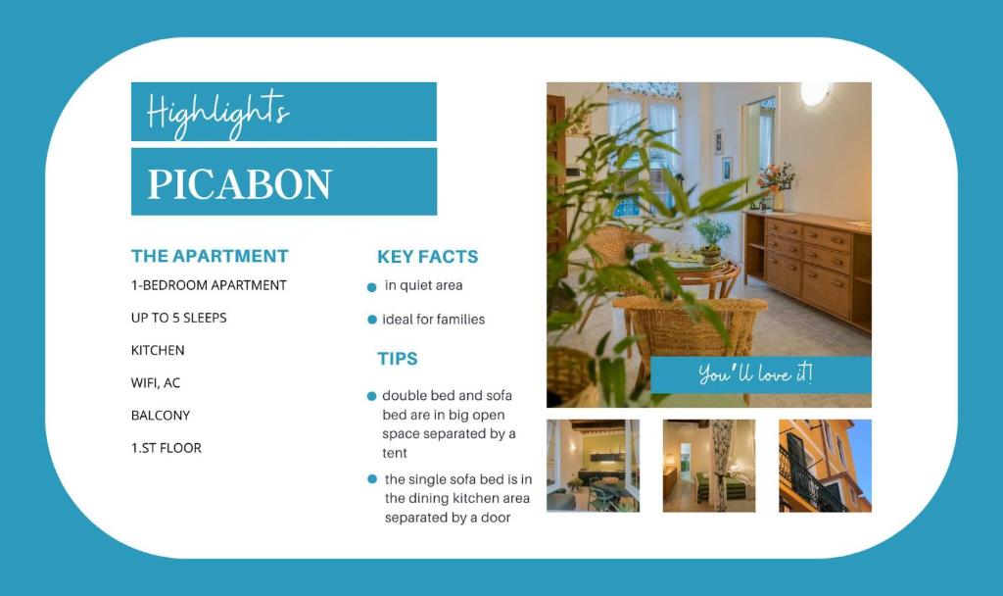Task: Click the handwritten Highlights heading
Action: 217,111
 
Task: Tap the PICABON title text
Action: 240,183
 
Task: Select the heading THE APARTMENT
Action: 210,256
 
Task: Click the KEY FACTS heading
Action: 427,257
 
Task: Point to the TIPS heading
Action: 398,359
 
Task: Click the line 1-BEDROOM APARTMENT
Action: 209,285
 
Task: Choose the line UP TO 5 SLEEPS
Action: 179,318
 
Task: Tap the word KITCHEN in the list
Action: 158,350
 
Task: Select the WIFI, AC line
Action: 156,382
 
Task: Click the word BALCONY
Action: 161,415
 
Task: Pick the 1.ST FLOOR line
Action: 167,448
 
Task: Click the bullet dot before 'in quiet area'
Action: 372,287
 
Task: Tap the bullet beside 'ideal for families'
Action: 372,320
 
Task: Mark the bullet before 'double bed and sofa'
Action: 372,396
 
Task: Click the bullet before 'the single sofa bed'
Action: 372,479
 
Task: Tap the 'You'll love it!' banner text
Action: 755,373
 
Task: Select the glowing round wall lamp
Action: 814,93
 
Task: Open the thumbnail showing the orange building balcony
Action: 825,466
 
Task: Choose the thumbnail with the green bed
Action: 709,466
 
